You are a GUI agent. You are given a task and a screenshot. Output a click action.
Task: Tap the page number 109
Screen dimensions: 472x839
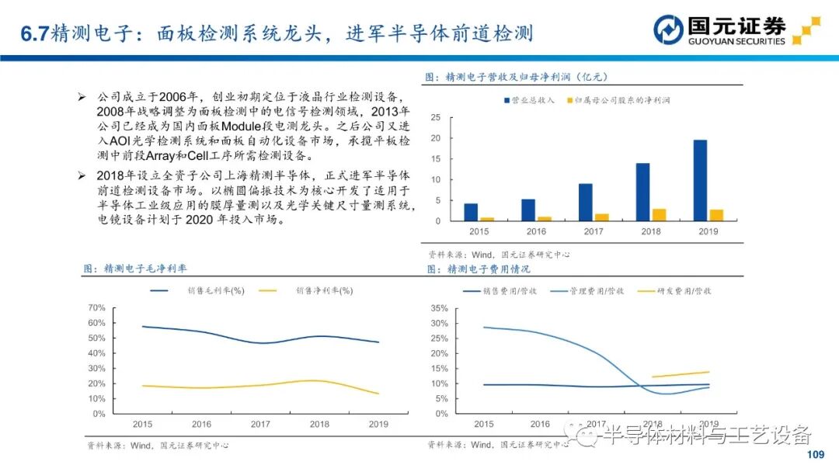pos(815,455)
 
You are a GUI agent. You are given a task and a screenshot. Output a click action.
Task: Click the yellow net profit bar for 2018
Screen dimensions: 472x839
pos(659,215)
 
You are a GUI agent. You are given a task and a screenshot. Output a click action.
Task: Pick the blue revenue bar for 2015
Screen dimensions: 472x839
pos(471,212)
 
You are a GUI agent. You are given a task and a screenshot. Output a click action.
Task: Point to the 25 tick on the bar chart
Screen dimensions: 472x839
pos(436,117)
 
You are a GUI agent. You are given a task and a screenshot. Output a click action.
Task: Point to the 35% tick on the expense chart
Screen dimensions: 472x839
pos(439,308)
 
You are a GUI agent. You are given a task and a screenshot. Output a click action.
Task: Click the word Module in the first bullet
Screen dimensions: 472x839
pos(246,127)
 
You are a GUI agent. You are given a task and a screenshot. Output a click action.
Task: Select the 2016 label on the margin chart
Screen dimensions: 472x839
pos(201,424)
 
